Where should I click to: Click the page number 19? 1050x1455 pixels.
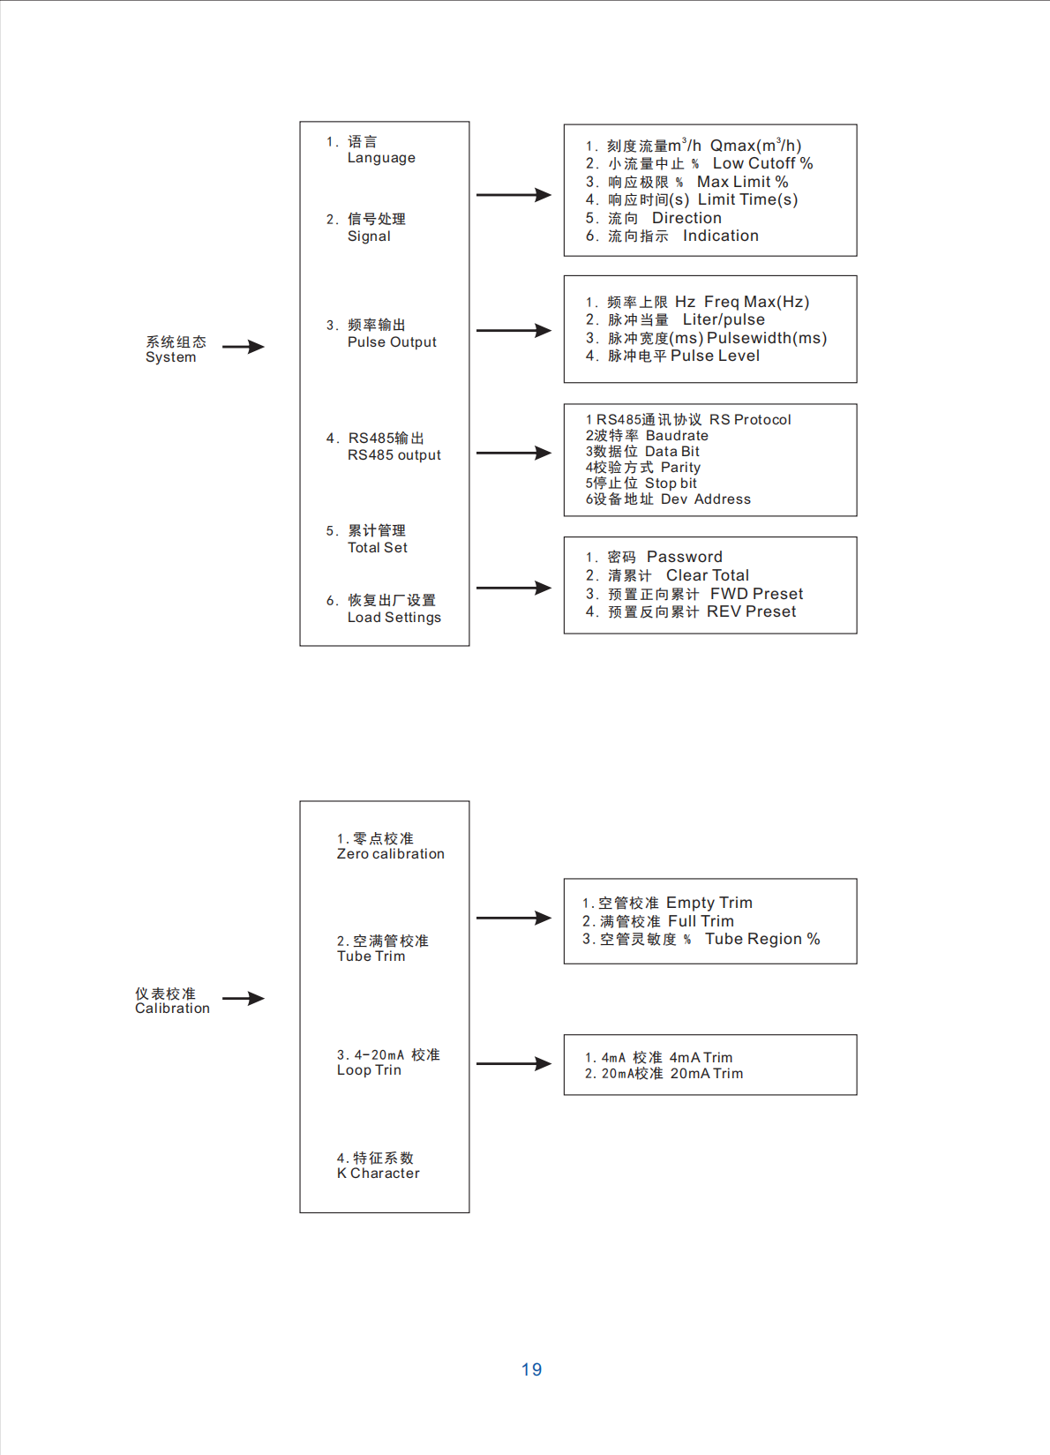(531, 1369)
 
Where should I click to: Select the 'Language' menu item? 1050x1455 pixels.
(381, 158)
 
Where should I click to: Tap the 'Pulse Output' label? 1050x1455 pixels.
(392, 342)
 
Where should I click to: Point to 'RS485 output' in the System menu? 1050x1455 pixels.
(394, 455)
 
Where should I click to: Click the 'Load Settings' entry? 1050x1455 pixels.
(394, 618)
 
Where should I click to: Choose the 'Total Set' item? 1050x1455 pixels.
(377, 548)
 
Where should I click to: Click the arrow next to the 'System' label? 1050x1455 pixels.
(243, 347)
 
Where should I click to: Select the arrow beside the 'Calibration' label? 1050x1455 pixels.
(243, 998)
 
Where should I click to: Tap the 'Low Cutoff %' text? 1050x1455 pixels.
(763, 164)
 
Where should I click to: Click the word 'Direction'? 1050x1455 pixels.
(686, 218)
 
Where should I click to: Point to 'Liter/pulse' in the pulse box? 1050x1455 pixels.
(724, 319)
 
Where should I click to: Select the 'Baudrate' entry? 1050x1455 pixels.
(677, 436)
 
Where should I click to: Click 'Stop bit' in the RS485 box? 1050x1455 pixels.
(671, 484)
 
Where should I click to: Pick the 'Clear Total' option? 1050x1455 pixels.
(708, 575)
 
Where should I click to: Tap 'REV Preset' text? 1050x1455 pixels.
(751, 611)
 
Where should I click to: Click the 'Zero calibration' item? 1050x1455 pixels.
(391, 854)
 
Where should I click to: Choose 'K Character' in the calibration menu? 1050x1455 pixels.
(379, 1174)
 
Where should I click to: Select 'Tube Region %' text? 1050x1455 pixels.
(763, 939)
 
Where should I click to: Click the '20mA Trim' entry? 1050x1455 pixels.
(706, 1074)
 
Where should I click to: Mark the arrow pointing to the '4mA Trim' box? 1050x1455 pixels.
(514, 1063)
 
